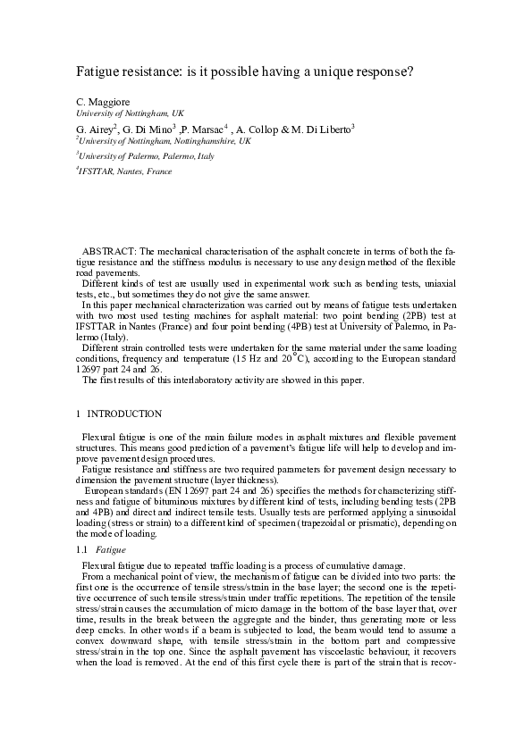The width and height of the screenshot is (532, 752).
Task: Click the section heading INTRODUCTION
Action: (x=124, y=414)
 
